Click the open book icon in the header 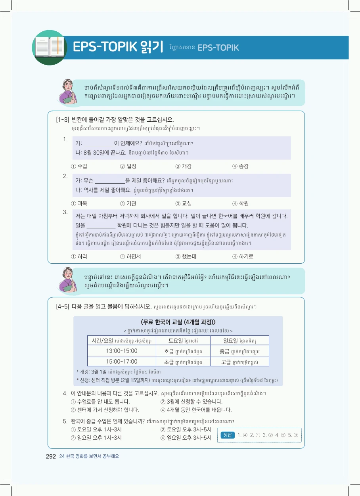pos(50,47)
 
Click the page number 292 pos(51,456)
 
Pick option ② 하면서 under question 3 pos(130,256)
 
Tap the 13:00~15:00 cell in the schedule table pos(122,351)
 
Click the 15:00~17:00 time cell pos(122,361)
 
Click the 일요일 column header pos(239,341)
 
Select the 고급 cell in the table pos(239,362)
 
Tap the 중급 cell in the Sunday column pos(239,351)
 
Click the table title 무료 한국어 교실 pos(178,322)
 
